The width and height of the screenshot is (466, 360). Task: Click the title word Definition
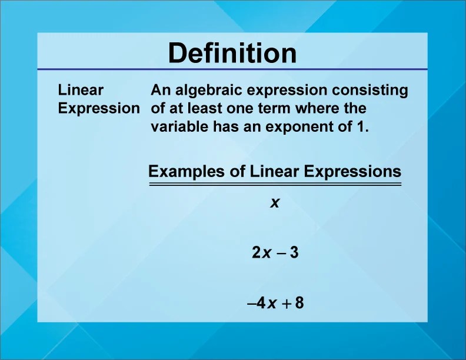232,54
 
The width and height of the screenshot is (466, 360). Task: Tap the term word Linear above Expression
81,90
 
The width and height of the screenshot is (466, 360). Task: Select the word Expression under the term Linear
99,108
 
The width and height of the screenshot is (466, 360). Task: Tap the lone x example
274,203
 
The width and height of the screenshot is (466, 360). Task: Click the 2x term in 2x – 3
261,254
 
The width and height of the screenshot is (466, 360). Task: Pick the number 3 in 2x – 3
295,254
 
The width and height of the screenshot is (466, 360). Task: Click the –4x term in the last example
262,304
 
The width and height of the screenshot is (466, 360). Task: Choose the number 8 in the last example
299,304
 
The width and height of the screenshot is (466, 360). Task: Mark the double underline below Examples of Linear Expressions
274,184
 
